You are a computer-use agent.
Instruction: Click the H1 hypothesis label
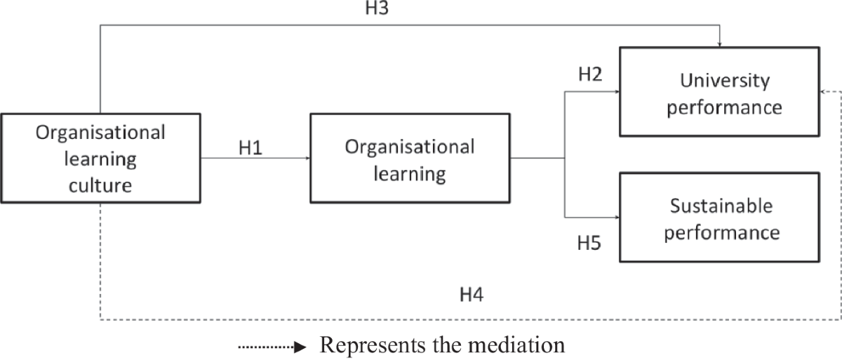(x=250, y=149)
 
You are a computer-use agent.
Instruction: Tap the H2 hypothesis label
(x=589, y=75)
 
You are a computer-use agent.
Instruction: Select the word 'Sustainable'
(x=721, y=206)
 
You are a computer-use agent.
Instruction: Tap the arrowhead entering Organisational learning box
(x=307, y=158)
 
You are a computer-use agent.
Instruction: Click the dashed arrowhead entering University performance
(x=823, y=91)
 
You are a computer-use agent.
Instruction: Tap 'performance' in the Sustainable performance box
(x=721, y=232)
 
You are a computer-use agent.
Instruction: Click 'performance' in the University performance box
(x=725, y=107)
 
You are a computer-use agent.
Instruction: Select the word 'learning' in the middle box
(x=410, y=173)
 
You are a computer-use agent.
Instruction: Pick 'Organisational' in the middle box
(x=410, y=147)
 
